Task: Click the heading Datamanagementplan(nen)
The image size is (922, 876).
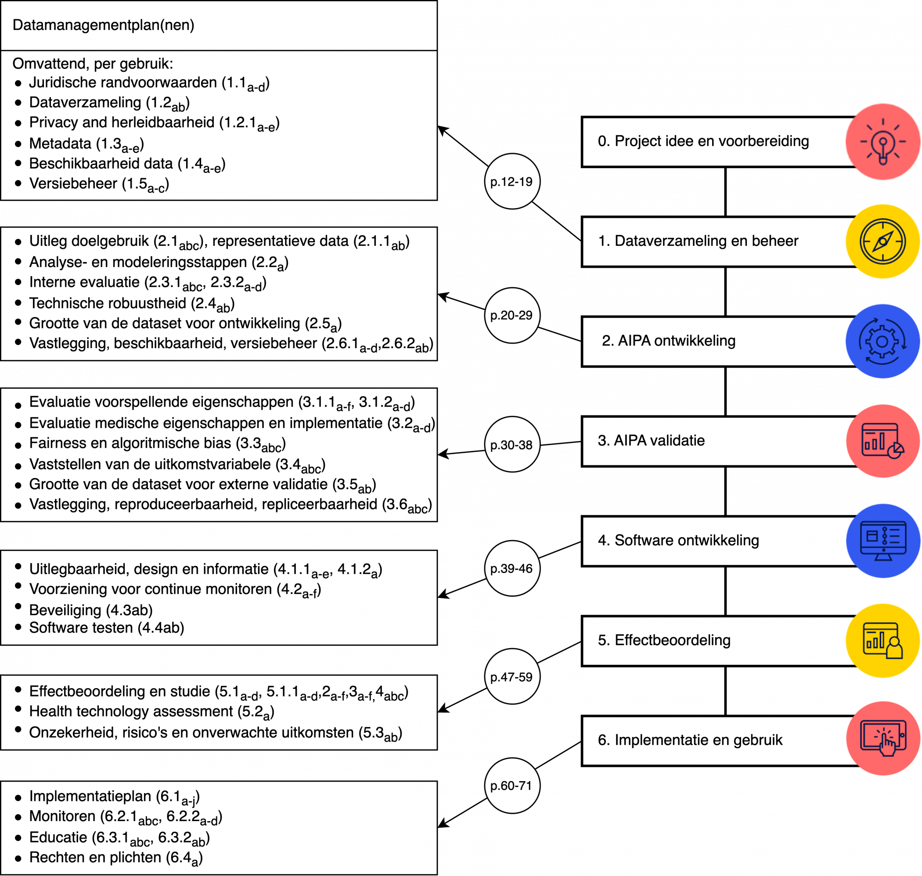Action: pos(103,25)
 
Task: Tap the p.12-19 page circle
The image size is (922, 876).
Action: pos(511,182)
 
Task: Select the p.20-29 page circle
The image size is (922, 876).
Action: pos(511,316)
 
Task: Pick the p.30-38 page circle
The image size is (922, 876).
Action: pos(511,444)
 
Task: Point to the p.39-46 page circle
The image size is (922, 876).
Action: pos(511,568)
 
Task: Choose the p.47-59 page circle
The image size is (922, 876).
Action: pos(511,677)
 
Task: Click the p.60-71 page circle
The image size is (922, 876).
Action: pos(511,786)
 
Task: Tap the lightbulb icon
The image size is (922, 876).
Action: pos(882,141)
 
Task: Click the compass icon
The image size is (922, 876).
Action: pos(882,242)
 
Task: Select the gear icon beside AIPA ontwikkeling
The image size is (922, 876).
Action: pos(882,341)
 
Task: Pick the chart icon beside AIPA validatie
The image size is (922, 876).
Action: pos(882,441)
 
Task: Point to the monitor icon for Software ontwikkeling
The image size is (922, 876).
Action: pos(882,541)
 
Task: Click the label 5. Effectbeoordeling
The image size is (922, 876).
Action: pos(664,640)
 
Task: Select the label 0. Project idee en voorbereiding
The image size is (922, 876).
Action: pos(703,141)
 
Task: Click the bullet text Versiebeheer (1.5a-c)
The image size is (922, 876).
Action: pos(99,184)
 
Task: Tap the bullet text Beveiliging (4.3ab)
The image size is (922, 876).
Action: pos(90,610)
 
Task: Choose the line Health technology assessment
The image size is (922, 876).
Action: pos(151,712)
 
